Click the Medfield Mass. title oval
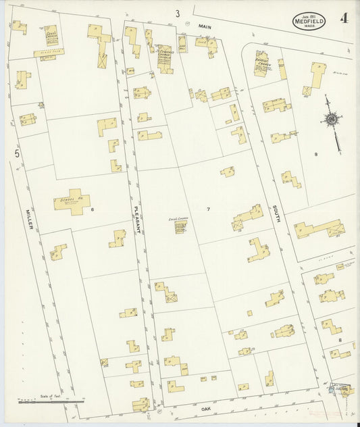(312, 20)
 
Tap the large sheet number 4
(344, 17)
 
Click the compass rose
(332, 120)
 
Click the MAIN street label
(205, 26)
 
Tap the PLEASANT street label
(138, 219)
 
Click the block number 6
(93, 210)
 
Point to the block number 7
(208, 209)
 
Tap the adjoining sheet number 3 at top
(178, 13)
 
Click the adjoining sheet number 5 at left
(17, 155)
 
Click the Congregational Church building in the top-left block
(50, 36)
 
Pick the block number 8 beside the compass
(315, 155)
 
